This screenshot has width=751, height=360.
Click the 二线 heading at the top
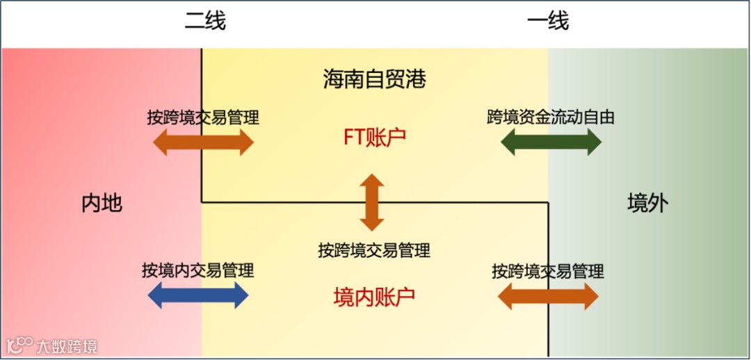click(x=205, y=22)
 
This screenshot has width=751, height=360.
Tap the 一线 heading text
click(x=548, y=22)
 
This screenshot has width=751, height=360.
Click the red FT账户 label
click(x=375, y=138)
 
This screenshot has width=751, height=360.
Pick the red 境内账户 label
click(x=374, y=297)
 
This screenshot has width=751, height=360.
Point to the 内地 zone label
click(x=102, y=203)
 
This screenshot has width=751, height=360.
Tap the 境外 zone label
click(x=647, y=203)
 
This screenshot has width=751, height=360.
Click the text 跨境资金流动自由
click(x=551, y=117)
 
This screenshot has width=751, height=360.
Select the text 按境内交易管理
click(x=198, y=270)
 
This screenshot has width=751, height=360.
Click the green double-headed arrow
click(x=551, y=142)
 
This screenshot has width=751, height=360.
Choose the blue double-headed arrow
click(x=198, y=296)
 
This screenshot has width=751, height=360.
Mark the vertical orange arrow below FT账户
click(x=371, y=202)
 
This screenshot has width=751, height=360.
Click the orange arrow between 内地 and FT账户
click(x=203, y=142)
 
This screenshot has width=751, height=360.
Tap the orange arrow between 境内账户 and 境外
click(x=548, y=297)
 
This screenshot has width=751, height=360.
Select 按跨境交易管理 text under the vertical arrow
click(x=374, y=249)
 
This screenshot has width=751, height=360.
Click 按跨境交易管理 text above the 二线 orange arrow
click(x=203, y=117)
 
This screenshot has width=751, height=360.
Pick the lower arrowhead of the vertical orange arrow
click(x=371, y=223)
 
